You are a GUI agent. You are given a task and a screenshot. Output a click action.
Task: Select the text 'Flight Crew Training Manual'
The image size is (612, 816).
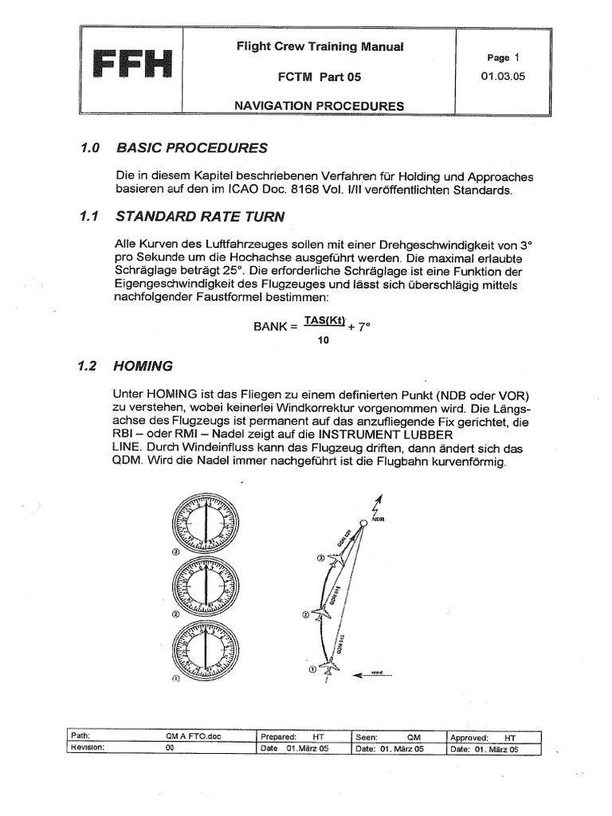(320, 47)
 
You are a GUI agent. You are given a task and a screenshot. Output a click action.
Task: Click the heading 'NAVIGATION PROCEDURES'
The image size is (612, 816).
(319, 105)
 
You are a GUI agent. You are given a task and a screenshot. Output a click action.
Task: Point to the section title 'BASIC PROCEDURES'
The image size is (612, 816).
(192, 148)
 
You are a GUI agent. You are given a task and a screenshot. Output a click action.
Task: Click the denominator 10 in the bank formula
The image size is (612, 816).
(324, 339)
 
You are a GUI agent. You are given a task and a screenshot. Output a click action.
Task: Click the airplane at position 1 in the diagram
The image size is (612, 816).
(328, 669)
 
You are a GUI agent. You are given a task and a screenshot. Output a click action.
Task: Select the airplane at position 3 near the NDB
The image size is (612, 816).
(339, 560)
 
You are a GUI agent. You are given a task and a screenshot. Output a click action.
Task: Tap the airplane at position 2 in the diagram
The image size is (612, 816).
(320, 614)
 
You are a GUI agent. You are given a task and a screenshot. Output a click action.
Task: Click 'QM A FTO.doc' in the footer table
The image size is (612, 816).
(191, 737)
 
